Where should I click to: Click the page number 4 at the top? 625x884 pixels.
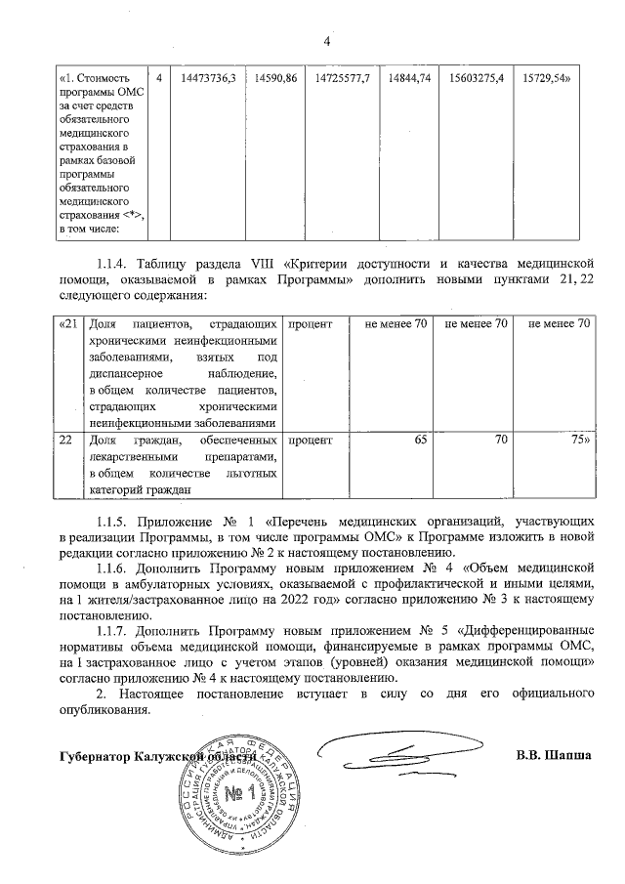[327, 41]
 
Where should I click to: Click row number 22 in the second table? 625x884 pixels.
[65, 441]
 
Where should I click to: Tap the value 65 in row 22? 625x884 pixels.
[420, 441]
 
